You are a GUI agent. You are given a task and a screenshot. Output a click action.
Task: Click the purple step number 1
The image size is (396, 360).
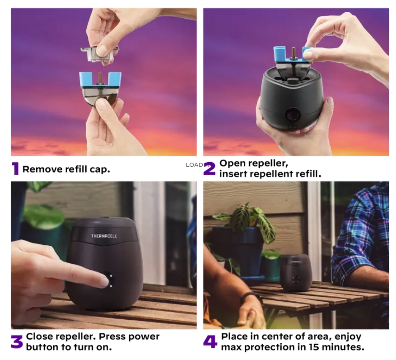[16, 168]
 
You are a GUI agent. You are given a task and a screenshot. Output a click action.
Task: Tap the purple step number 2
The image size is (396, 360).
[210, 168]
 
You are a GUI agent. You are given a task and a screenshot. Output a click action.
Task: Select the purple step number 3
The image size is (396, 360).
[17, 342]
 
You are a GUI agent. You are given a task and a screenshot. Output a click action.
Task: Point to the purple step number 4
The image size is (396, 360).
[210, 342]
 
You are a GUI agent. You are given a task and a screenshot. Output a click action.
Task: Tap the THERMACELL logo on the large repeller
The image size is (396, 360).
[104, 236]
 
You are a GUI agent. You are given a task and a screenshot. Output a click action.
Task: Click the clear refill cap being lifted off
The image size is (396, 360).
[99, 54]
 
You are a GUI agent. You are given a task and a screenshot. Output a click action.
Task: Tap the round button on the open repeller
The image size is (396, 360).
[293, 114]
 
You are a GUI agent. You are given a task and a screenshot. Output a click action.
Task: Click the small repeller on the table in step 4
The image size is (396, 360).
[296, 272]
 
